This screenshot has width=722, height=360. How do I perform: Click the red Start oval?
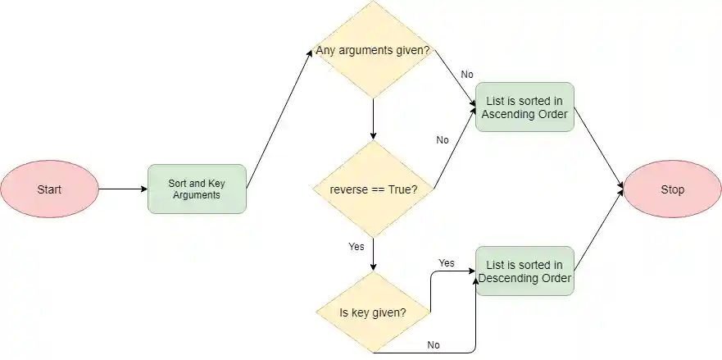click(x=49, y=189)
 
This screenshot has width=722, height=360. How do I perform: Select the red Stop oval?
click(x=672, y=189)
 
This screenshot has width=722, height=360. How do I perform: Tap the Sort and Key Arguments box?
click(x=197, y=189)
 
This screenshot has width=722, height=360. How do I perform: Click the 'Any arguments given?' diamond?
click(x=374, y=51)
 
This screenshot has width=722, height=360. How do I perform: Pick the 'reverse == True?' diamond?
click(x=374, y=189)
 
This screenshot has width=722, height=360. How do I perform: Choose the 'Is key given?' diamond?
click(x=374, y=312)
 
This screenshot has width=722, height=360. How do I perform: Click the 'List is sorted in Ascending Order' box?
click(x=524, y=107)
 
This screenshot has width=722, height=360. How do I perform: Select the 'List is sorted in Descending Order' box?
click(x=524, y=271)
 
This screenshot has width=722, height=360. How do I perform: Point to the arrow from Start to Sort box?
click(x=123, y=189)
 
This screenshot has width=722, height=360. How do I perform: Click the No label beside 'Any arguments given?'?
click(x=467, y=75)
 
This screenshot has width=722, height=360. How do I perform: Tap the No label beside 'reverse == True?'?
click(x=443, y=140)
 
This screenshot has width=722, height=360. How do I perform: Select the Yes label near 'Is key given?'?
click(x=447, y=263)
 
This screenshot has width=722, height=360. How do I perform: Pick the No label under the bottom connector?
click(x=434, y=345)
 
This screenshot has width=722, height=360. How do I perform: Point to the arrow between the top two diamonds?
click(x=374, y=119)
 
